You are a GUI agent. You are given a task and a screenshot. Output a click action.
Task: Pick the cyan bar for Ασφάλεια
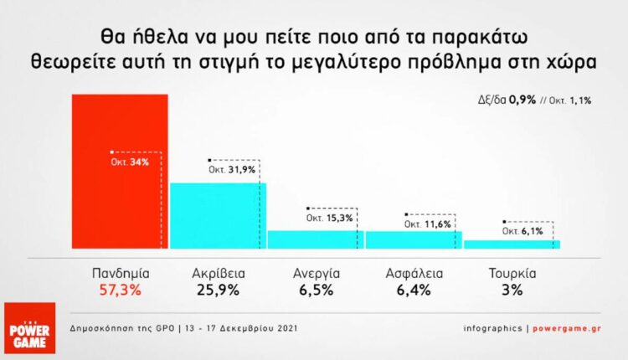click(413, 239)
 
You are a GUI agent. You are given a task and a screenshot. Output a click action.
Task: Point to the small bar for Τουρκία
click(512, 244)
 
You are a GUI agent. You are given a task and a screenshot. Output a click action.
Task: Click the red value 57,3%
click(120, 291)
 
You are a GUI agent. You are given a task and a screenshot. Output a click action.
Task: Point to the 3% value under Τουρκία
click(512, 291)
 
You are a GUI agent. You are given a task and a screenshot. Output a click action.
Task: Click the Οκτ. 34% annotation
click(130, 162)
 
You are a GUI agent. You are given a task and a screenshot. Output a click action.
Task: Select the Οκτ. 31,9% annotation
click(230, 170)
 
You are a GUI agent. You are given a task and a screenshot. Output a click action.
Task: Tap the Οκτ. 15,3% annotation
click(329, 218)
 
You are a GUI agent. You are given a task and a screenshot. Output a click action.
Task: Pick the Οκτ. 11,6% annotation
click(427, 224)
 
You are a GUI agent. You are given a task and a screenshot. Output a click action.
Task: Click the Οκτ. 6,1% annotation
click(523, 230)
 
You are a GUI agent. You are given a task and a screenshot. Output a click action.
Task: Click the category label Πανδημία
click(120, 273)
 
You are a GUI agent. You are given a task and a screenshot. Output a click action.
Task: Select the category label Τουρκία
click(512, 273)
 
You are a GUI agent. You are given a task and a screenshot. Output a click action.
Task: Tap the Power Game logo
click(28, 328)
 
